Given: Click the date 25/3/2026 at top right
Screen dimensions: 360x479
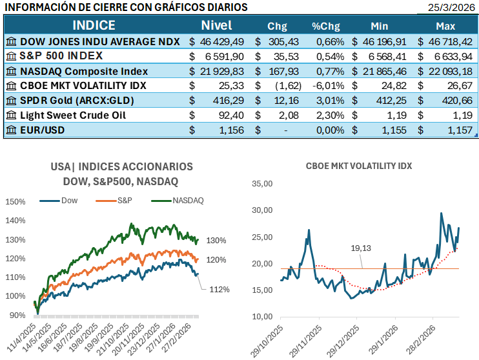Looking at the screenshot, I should (x=451, y=7).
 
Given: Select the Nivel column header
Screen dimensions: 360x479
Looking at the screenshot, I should (x=216, y=26).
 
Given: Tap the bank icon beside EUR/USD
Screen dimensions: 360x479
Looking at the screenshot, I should (x=11, y=130).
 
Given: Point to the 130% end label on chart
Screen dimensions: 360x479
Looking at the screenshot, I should (x=216, y=241).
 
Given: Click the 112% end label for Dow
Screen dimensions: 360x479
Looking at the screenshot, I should (x=219, y=289).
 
